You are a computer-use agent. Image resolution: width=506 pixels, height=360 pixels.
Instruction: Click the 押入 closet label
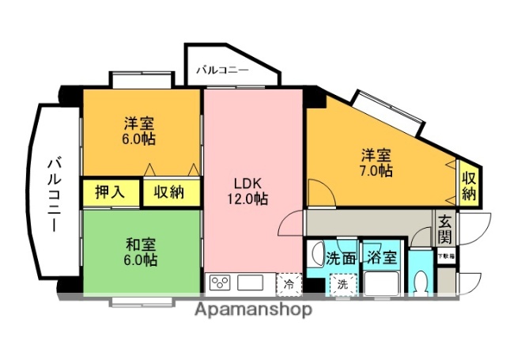click(111, 191)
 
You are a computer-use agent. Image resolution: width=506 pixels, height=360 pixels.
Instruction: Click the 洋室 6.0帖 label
click(138, 131)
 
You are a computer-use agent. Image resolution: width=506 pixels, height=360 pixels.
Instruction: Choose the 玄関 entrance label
click(444, 229)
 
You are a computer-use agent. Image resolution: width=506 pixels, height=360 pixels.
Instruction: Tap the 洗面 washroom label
click(342, 258)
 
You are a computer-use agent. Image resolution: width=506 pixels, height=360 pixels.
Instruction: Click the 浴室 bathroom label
click(382, 258)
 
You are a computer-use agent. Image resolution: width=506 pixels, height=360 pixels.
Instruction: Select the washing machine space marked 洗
click(342, 282)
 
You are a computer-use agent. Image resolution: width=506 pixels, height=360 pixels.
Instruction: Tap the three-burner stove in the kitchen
click(219, 282)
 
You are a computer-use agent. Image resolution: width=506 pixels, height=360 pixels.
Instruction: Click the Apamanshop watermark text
click(252, 309)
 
